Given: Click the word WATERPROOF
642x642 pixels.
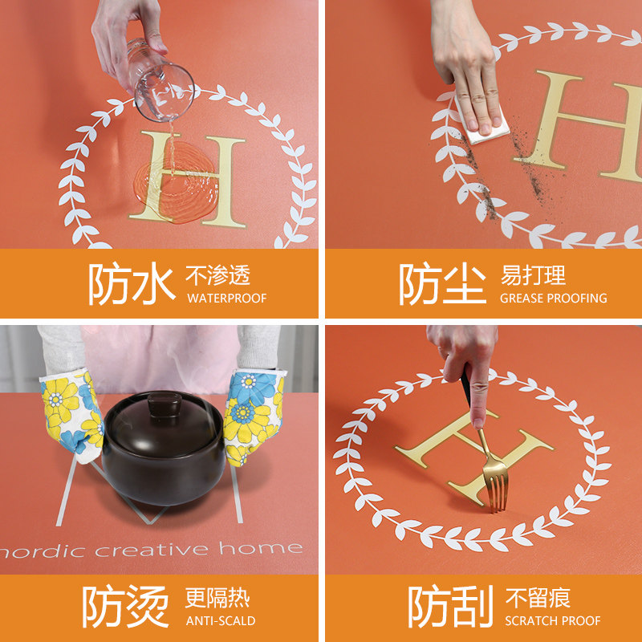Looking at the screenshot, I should coord(226,299).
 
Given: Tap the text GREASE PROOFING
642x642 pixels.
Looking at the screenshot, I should coord(553,299).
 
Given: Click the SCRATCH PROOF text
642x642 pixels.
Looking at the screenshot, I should coord(553,620).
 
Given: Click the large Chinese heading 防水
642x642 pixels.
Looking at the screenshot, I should coord(131,284).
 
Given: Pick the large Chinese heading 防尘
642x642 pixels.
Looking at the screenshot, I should coord(442,284).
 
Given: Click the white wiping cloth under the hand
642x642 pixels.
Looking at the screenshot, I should coord(486,128).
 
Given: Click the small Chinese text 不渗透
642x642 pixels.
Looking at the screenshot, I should coord(218,276).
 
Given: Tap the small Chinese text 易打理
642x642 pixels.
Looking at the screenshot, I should coord(533,276).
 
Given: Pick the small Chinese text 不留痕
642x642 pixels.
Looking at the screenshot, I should coord(538,598).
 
